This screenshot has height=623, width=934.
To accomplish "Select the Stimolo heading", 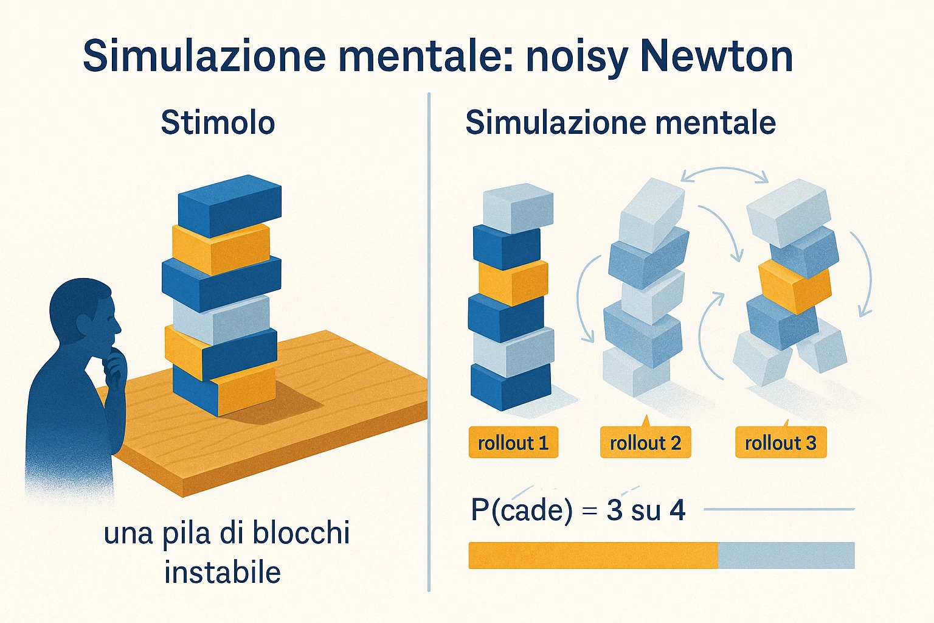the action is [x=218, y=122].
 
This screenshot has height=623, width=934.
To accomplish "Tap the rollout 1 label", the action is [x=513, y=442].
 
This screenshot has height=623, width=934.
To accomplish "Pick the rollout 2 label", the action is [x=645, y=442].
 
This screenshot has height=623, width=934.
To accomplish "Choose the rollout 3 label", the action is [x=781, y=442].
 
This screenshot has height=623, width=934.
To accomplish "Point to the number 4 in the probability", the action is [x=677, y=509].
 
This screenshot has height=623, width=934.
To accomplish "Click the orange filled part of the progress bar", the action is [x=593, y=555].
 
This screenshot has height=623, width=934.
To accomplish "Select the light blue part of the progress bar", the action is [x=786, y=555].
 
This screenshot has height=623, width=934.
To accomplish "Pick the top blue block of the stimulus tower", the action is [x=230, y=206].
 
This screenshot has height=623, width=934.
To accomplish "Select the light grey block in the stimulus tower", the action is [x=221, y=319].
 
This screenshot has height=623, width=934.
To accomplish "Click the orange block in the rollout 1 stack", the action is [x=513, y=282].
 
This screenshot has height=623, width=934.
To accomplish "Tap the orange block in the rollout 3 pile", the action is [x=795, y=287].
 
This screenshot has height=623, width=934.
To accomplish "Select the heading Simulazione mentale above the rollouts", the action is [x=620, y=122].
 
